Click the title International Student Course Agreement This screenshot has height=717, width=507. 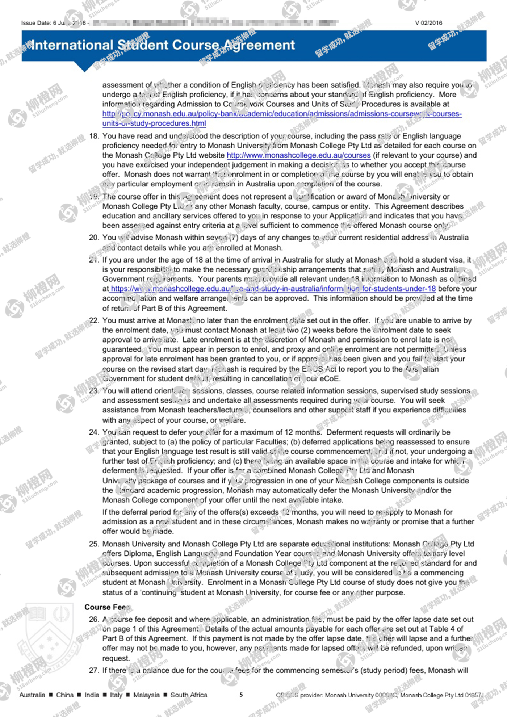[x=163, y=45]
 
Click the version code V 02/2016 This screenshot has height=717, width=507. [x=428, y=23]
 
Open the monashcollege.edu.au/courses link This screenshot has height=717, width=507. [x=298, y=155]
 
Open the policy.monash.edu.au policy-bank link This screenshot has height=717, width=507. [x=282, y=114]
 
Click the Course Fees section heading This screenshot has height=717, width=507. [x=107, y=607]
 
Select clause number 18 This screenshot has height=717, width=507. [x=94, y=136]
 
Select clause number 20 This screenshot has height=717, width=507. [x=94, y=238]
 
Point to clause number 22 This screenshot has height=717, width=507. [x=94, y=320]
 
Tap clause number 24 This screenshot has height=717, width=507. [x=94, y=432]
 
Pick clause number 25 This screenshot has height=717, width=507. [x=94, y=544]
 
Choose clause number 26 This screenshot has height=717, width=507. [x=94, y=619]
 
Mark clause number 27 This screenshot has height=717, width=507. [x=94, y=670]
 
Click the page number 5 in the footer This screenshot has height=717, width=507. [x=241, y=695]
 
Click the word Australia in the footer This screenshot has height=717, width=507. [x=32, y=695]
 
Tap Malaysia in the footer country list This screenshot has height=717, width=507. [x=146, y=695]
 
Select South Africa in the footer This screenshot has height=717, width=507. [x=189, y=695]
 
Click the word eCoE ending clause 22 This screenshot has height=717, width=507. [x=330, y=379]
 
